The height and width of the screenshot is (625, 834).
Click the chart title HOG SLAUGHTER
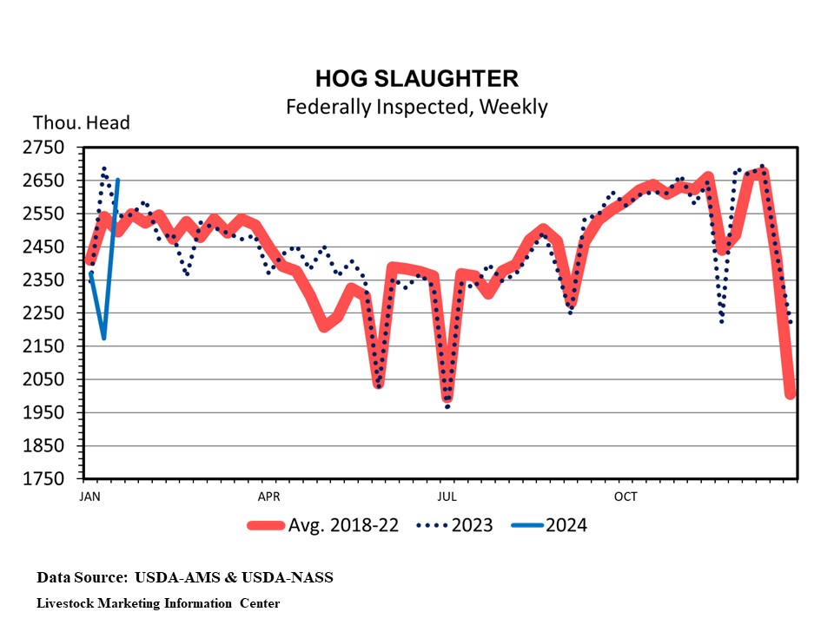(416, 79)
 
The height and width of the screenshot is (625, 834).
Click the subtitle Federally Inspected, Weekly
(416, 107)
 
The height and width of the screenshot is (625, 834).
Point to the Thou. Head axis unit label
(81, 123)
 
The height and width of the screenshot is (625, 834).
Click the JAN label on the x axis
(89, 497)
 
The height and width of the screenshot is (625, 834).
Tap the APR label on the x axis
(268, 497)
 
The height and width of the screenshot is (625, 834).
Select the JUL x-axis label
(447, 497)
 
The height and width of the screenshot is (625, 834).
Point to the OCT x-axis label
(625, 497)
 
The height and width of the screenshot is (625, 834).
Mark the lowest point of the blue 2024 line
(103, 338)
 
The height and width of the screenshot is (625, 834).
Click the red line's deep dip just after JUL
(447, 398)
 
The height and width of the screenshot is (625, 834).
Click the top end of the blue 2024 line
(117, 180)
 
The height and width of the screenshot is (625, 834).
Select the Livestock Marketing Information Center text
(158, 602)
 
